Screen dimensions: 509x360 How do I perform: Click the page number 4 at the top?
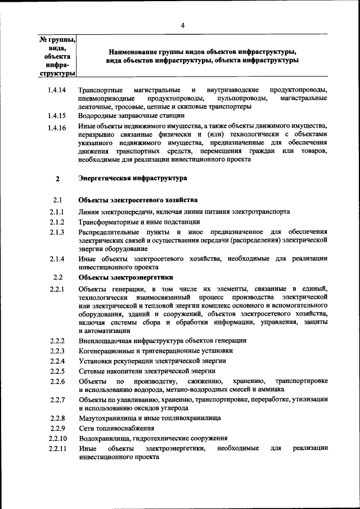pos(183,25)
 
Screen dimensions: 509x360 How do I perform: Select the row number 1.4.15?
pos(57,116)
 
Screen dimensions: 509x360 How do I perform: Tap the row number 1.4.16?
pos(57,128)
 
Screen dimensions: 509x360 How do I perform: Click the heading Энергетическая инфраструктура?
pos(133,179)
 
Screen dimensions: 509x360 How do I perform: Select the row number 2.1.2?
pos(57,222)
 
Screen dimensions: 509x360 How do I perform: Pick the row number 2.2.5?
pos(57,371)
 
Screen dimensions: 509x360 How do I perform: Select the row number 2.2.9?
pos(57,428)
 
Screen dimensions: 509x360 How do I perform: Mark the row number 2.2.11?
pos(57,449)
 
